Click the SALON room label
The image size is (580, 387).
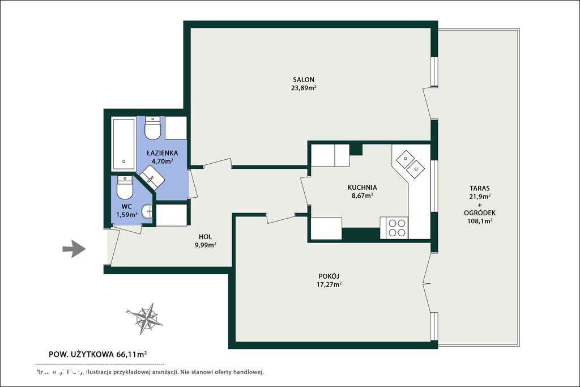[x=304, y=79]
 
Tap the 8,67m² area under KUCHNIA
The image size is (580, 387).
[x=362, y=196]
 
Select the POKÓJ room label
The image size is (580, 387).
[x=329, y=276]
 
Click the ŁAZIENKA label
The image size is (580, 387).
[x=162, y=153]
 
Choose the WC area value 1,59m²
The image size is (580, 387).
[x=127, y=215]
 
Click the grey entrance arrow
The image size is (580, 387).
[x=74, y=249]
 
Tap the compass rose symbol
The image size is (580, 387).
[x=146, y=317]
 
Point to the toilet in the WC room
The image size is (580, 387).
[x=124, y=188]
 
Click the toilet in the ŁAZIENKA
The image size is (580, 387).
[x=153, y=129]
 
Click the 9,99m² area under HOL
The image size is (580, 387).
[x=204, y=245]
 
